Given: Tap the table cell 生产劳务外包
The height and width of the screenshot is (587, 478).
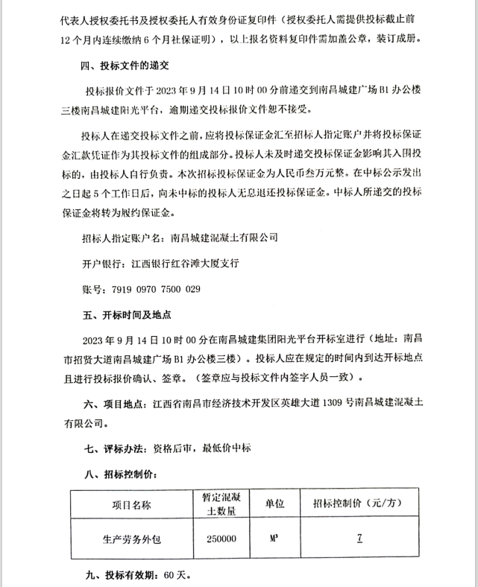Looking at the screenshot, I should (x=131, y=539).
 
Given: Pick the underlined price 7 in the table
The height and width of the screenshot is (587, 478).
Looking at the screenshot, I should (x=359, y=538).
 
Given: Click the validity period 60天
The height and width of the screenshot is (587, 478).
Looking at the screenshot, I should (x=178, y=575).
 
